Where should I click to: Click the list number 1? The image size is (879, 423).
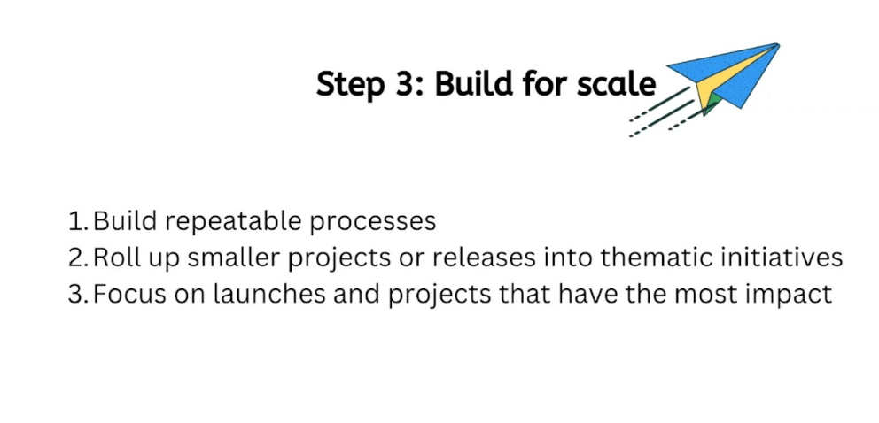click(75, 221)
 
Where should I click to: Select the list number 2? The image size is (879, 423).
click(76, 258)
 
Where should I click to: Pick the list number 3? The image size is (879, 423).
click(76, 294)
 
